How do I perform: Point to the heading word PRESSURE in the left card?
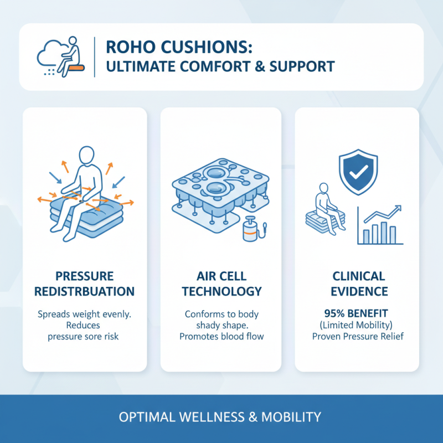point(84,276)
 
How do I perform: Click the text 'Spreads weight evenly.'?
point(84,314)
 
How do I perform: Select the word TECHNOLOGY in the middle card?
point(221,291)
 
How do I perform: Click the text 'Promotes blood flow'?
point(221,336)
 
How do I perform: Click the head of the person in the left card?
point(87,154)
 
